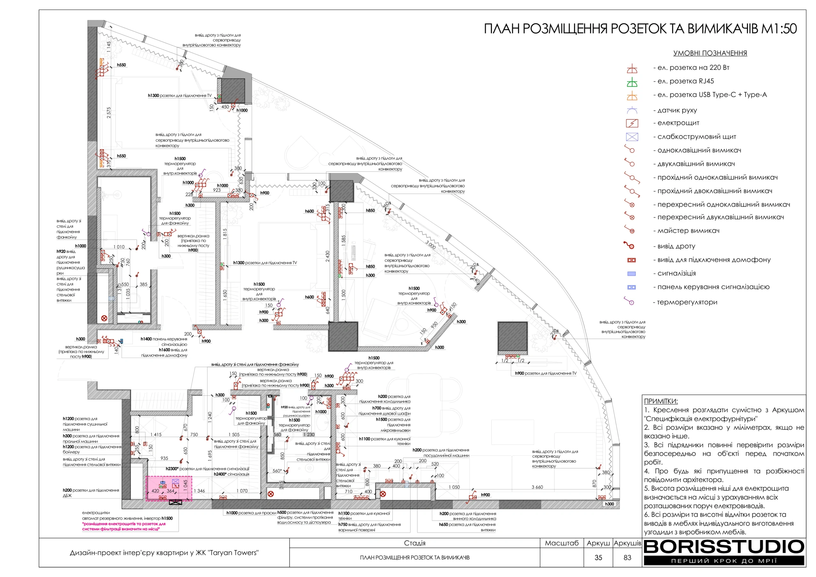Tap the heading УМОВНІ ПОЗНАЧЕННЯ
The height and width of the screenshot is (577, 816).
(x=710, y=53)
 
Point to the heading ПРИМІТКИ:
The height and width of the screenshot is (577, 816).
(x=661, y=401)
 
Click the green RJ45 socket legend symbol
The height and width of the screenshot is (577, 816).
(x=632, y=83)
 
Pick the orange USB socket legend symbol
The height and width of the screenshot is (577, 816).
(x=632, y=96)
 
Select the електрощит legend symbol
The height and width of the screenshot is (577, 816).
(x=632, y=123)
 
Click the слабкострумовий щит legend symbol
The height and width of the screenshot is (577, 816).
(x=632, y=137)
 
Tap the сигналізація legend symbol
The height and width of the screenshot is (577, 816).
(x=631, y=274)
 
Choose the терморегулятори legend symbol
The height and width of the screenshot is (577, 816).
(x=630, y=302)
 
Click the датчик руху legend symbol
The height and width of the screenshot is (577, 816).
(x=632, y=110)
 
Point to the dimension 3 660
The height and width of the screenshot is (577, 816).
(x=537, y=487)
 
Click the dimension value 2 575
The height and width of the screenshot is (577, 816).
(x=109, y=113)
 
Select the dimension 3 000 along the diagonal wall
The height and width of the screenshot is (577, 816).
(x=430, y=245)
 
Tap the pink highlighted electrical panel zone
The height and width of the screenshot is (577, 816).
(x=169, y=488)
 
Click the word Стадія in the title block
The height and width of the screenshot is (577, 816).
(x=414, y=543)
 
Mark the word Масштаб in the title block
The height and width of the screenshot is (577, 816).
(x=562, y=543)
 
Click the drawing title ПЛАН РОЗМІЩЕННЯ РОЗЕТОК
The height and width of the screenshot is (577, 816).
(x=640, y=29)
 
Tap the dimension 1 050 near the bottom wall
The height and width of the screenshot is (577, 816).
(x=454, y=487)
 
